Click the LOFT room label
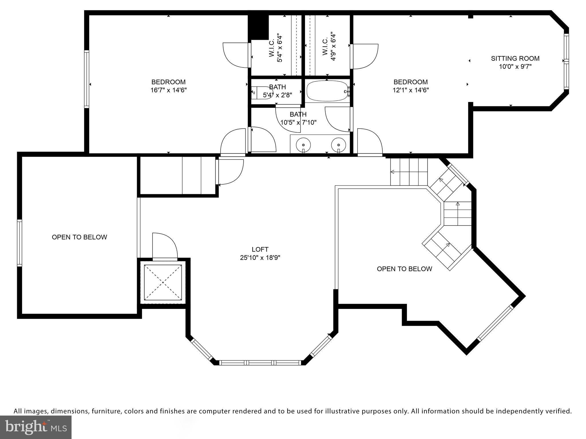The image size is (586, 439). pyautogui.click(x=260, y=250)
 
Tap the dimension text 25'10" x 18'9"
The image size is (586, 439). pyautogui.click(x=260, y=258)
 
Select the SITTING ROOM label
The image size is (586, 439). pyautogui.click(x=515, y=59)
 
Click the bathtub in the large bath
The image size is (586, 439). pyautogui.click(x=327, y=91)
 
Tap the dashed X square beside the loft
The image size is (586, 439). pyautogui.click(x=163, y=282)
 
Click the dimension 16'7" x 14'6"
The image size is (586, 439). pyautogui.click(x=169, y=90)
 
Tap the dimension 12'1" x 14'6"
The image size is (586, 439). pyautogui.click(x=411, y=90)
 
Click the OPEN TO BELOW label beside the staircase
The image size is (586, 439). pyautogui.click(x=404, y=269)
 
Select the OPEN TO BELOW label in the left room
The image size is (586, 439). pyautogui.click(x=79, y=237)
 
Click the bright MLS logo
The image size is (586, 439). pyautogui.click(x=36, y=427)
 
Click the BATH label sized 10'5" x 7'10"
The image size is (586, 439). pyautogui.click(x=298, y=115)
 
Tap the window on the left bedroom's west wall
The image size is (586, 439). pyautogui.click(x=86, y=79)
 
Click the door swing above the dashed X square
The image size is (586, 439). pyautogui.click(x=165, y=246)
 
